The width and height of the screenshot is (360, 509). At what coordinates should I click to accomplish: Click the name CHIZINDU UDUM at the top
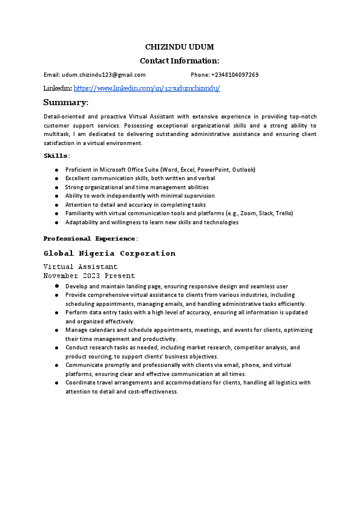[x=180, y=47]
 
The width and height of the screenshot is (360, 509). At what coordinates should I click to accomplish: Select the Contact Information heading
[x=180, y=60]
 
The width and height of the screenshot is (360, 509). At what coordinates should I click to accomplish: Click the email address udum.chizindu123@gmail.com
[x=103, y=75]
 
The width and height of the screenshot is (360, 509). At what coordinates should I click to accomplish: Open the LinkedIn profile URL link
[x=146, y=88]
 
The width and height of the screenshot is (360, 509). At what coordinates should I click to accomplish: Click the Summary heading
[x=66, y=102]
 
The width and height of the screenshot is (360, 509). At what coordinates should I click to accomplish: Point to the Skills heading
[x=56, y=156]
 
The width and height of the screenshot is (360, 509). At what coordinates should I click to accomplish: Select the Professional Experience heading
[x=90, y=239]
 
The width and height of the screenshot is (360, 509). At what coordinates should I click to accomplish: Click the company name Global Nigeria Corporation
[x=110, y=253]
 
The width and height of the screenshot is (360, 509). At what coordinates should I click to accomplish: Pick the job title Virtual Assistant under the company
[x=80, y=267]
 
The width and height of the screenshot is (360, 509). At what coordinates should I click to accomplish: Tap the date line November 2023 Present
[x=89, y=276]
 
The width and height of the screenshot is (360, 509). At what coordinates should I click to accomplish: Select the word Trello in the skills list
[x=284, y=213]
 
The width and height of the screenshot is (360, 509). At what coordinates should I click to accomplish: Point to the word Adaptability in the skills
[x=82, y=222]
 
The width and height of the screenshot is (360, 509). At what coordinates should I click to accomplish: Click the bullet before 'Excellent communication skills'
[x=56, y=178]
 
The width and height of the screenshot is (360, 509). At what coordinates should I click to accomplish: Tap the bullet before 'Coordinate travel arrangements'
[x=56, y=383]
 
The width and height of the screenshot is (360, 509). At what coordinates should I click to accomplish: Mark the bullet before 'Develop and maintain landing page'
[x=56, y=286]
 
